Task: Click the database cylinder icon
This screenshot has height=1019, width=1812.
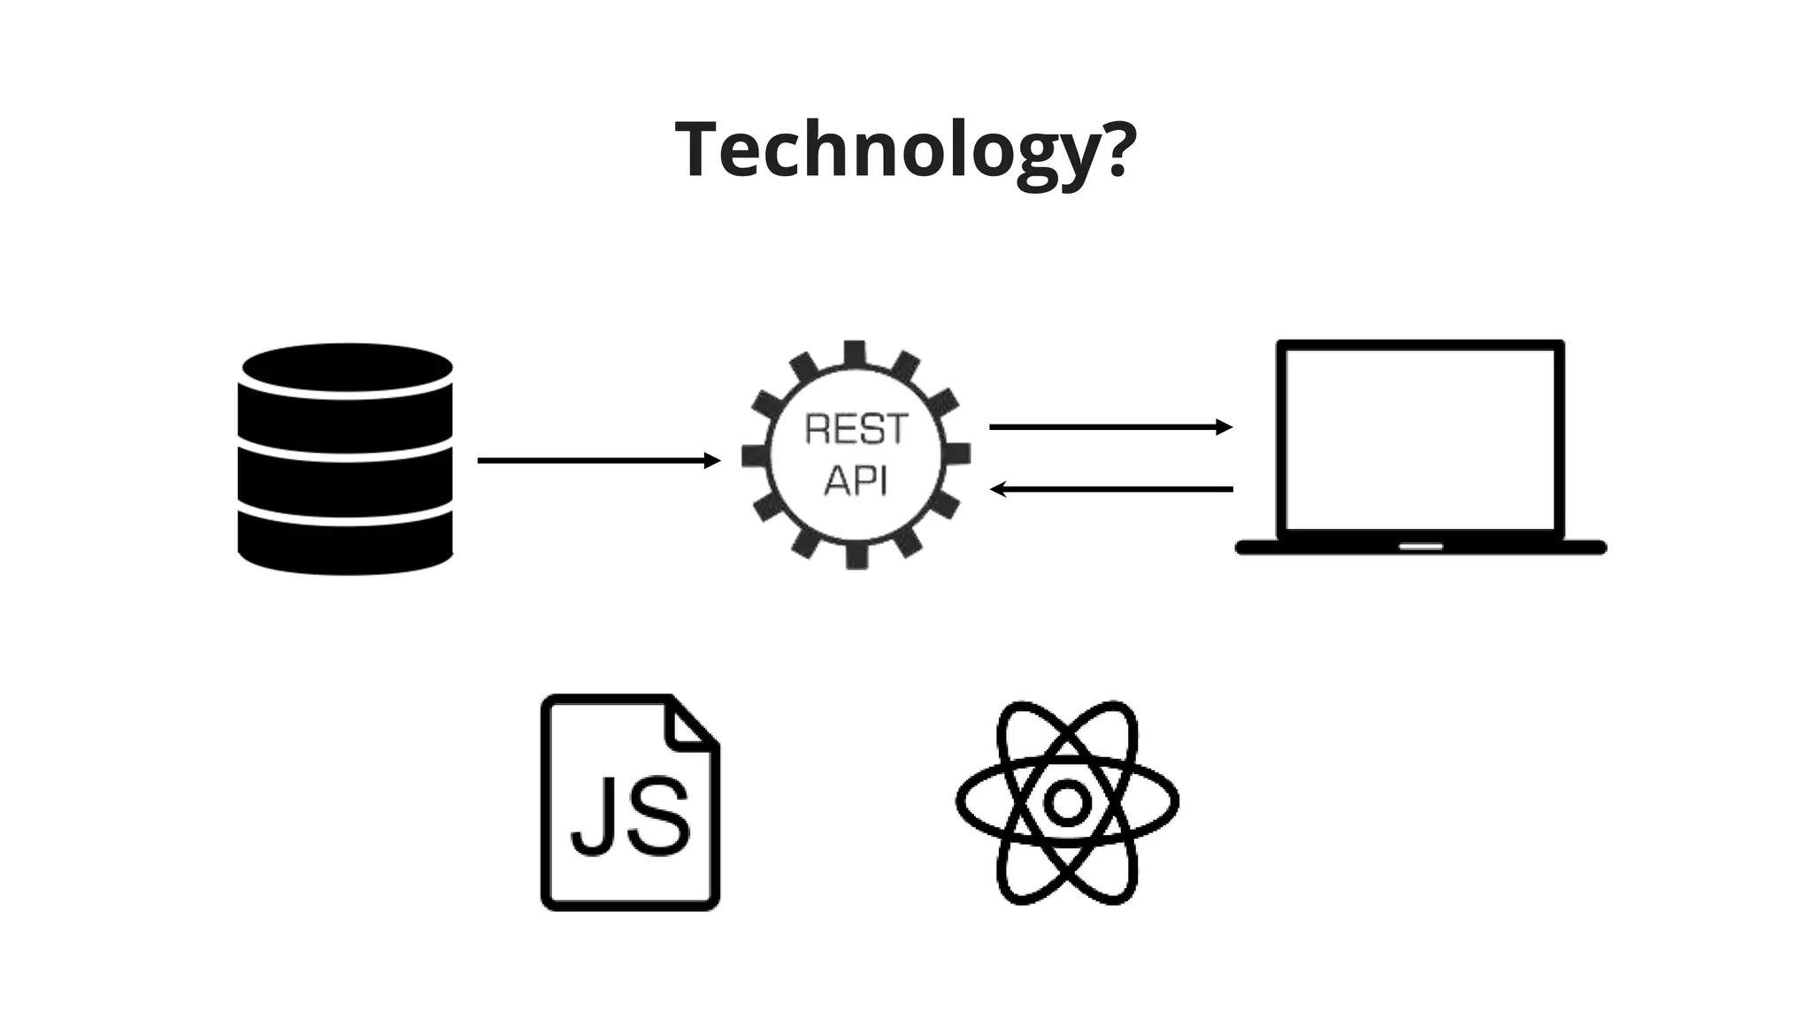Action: [x=346, y=459]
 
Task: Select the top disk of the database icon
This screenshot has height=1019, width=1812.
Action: [x=347, y=367]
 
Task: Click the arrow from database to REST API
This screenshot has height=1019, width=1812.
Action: [x=598, y=460]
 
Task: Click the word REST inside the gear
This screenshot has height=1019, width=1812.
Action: [x=856, y=430]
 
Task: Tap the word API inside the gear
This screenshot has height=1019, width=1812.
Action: [x=856, y=480]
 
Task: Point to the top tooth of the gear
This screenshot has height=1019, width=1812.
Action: [x=855, y=352]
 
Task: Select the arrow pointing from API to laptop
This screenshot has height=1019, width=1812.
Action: [x=1109, y=427]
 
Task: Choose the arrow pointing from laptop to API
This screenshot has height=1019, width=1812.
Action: [x=1111, y=488]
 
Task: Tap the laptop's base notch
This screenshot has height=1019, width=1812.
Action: [x=1421, y=546]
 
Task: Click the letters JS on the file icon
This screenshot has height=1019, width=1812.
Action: [x=630, y=816]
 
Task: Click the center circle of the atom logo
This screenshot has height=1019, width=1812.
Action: [x=1067, y=802]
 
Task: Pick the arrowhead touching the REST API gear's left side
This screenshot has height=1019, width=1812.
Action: [x=713, y=460]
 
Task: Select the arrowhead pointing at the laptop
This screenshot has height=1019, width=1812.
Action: [x=1225, y=427]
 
